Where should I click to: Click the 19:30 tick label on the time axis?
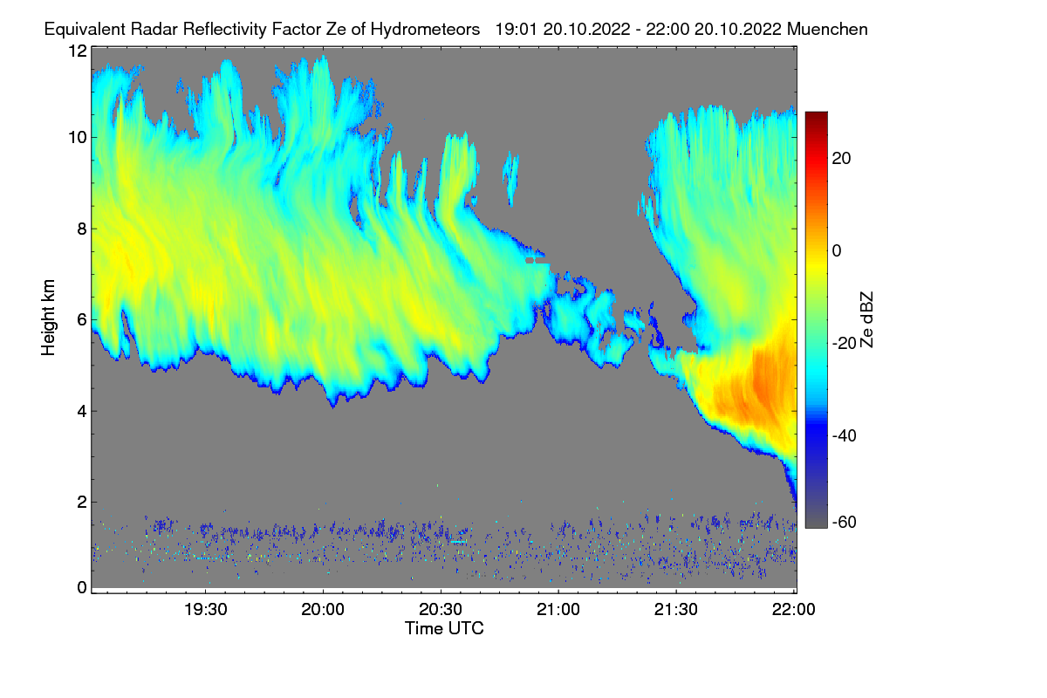tap(205, 609)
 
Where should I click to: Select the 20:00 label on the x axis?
tap(323, 609)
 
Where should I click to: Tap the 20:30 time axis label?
tap(441, 609)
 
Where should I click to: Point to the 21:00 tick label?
tap(558, 609)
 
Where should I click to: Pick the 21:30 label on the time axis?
tap(676, 609)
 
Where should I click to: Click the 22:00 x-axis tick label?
tap(794, 609)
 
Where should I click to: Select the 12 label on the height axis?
tap(78, 51)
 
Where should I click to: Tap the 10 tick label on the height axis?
tap(78, 138)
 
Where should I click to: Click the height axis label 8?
tap(82, 229)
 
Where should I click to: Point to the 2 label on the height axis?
tap(82, 502)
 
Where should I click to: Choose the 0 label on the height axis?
tap(82, 587)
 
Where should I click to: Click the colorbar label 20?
tap(841, 159)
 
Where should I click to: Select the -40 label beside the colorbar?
tap(845, 435)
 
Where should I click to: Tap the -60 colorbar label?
tap(845, 522)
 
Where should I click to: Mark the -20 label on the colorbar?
tap(845, 343)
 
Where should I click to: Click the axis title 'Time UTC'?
tap(444, 628)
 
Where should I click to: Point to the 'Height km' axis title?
tap(48, 318)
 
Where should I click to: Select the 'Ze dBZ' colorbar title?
tap(866, 320)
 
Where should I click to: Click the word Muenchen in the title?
tap(827, 29)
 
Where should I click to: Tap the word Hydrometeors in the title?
tap(426, 30)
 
